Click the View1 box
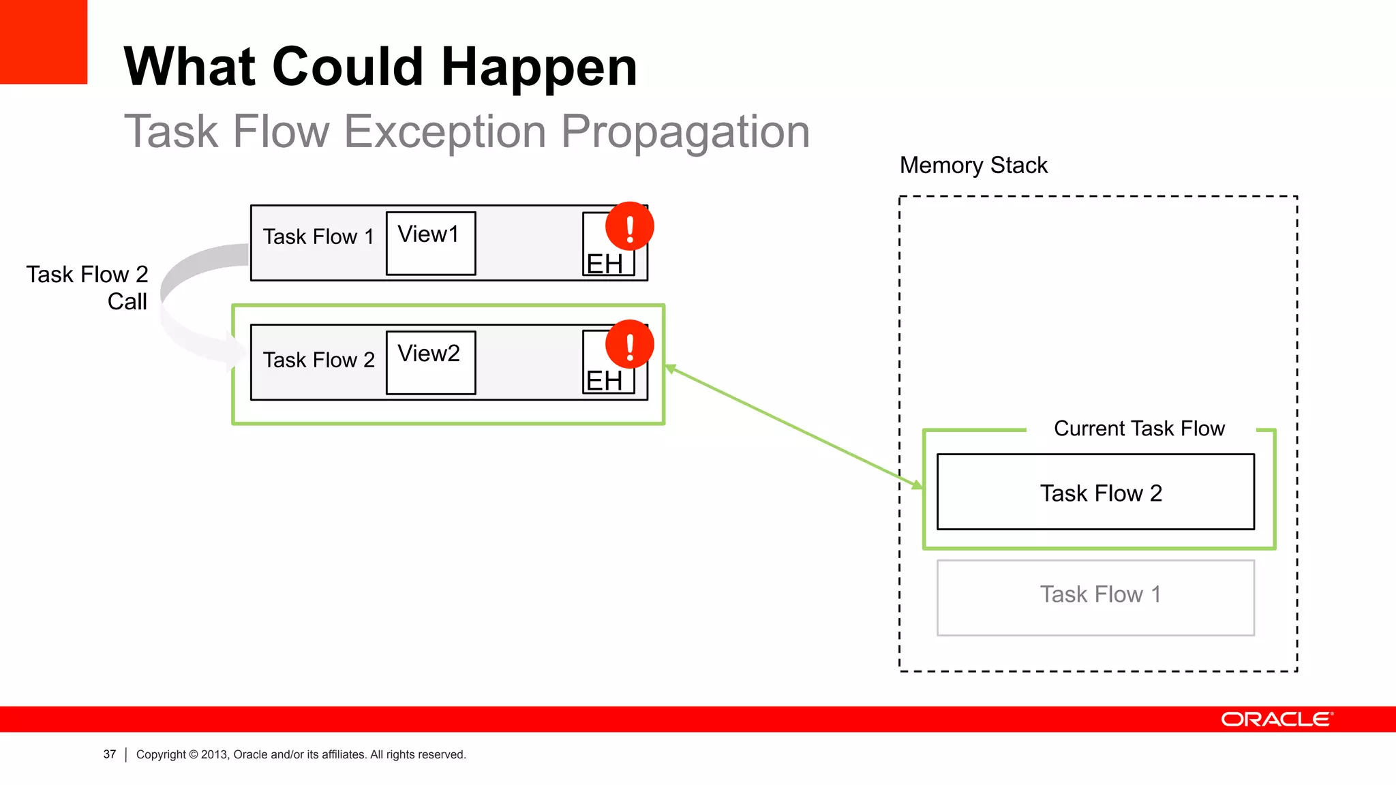430,243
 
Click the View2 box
430,363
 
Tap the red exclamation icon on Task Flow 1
629,227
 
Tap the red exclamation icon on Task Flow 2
629,344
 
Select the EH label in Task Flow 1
604,264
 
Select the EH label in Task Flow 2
604,381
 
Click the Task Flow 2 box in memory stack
1095,492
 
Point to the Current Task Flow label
1138,429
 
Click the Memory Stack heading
973,166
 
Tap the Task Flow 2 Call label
87,288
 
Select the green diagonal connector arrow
794,427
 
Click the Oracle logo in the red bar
1276,720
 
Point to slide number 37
110,754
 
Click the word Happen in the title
538,67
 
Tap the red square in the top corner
43,41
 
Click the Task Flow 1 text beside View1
318,237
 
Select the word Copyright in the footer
161,754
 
